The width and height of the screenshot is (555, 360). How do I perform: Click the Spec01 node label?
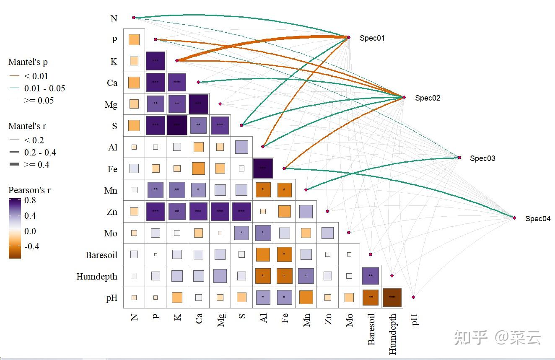pyautogui.click(x=372, y=38)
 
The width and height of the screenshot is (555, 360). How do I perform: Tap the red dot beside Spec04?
pyautogui.click(x=514, y=218)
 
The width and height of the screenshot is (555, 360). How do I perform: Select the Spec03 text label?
pyautogui.click(x=482, y=158)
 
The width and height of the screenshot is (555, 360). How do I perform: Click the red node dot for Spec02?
pyautogui.click(x=404, y=97)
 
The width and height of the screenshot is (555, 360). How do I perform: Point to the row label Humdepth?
pyautogui.click(x=97, y=277)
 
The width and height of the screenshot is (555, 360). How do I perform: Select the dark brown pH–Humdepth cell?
pyautogui.click(x=392, y=297)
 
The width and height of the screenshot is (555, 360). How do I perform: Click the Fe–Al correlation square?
pyautogui.click(x=263, y=168)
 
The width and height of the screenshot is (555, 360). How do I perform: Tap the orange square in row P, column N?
pyautogui.click(x=134, y=40)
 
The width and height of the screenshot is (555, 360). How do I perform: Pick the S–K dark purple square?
pyautogui.click(x=177, y=125)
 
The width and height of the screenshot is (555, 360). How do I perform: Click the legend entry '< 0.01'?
pyautogui.click(x=36, y=76)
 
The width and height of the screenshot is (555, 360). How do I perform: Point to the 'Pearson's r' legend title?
pyautogui.click(x=29, y=190)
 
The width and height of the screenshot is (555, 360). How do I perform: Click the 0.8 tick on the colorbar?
pyautogui.click(x=30, y=200)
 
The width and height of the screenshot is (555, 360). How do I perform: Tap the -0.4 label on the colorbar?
pyautogui.click(x=32, y=246)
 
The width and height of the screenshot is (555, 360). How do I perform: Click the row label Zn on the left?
pyautogui.click(x=112, y=212)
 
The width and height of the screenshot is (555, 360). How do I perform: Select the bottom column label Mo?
pyautogui.click(x=350, y=320)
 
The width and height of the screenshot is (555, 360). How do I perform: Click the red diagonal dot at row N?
pyautogui.click(x=134, y=18)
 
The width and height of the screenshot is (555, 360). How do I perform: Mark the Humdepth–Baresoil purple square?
pyautogui.click(x=370, y=276)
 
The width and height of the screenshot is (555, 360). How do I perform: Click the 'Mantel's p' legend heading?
pyautogui.click(x=28, y=62)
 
